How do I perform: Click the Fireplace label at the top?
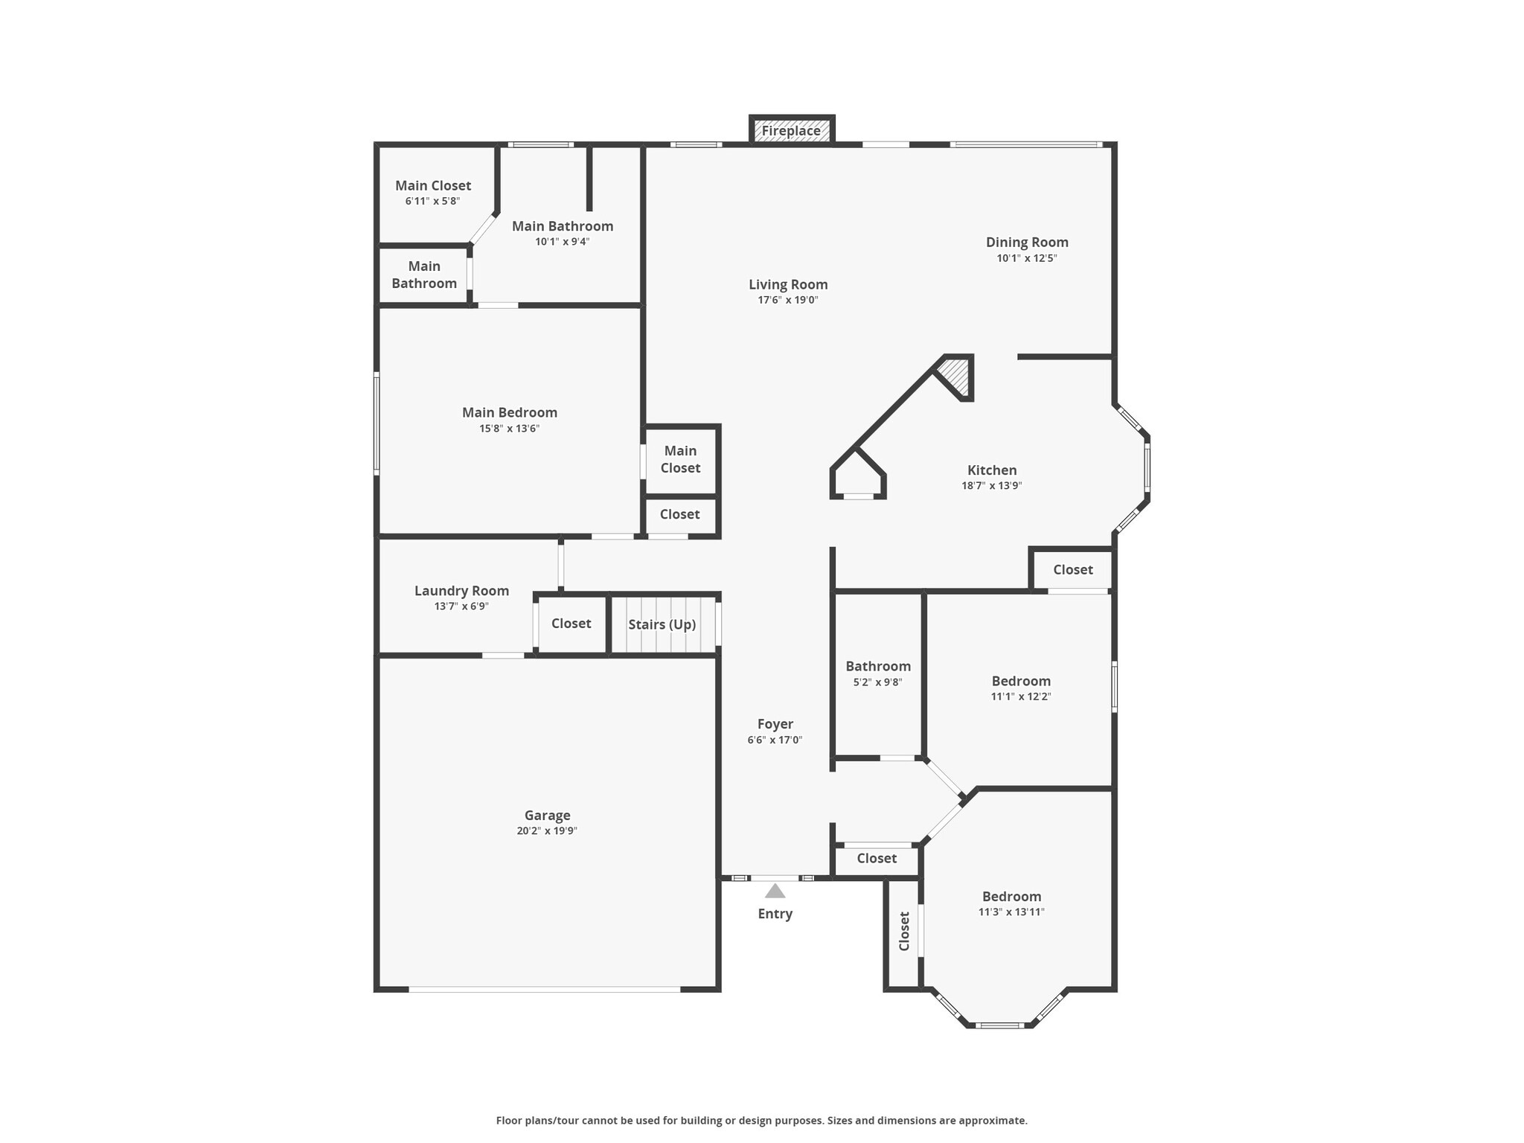pyautogui.click(x=791, y=131)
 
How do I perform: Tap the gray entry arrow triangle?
pyautogui.click(x=775, y=891)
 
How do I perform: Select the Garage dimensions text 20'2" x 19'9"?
pyautogui.click(x=547, y=831)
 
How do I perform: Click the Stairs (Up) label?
pyautogui.click(x=662, y=624)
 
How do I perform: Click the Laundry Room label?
pyautogui.click(x=461, y=591)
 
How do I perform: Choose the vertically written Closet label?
pyautogui.click(x=904, y=931)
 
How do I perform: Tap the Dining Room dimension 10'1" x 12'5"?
pyautogui.click(x=1027, y=258)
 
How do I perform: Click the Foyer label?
pyautogui.click(x=775, y=724)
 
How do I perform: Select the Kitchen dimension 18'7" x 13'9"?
pyautogui.click(x=991, y=486)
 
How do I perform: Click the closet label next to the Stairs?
pyautogui.click(x=571, y=624)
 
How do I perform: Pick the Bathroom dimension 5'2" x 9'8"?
pyautogui.click(x=877, y=682)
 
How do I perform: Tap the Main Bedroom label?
pyautogui.click(x=509, y=412)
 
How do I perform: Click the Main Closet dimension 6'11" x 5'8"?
pyautogui.click(x=432, y=202)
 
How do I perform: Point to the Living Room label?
pyautogui.click(x=788, y=284)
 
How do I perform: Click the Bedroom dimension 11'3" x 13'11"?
pyautogui.click(x=1011, y=912)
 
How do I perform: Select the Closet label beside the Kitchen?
pyautogui.click(x=1072, y=569)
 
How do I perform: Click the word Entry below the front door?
pyautogui.click(x=775, y=914)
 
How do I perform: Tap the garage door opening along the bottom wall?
pyautogui.click(x=544, y=989)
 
